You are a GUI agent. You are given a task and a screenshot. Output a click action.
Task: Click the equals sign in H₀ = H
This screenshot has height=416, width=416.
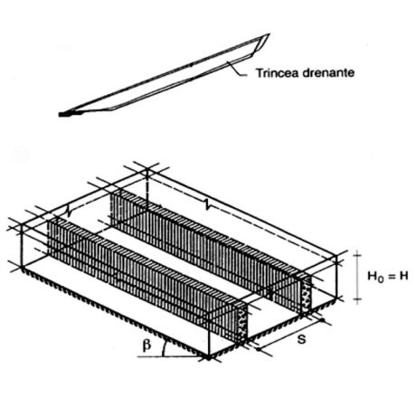pyautogui.click(x=391, y=276)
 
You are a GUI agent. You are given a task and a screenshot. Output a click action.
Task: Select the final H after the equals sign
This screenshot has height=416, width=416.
pyautogui.click(x=403, y=276)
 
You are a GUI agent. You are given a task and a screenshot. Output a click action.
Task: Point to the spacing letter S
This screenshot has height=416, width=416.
pyautogui.click(x=301, y=339)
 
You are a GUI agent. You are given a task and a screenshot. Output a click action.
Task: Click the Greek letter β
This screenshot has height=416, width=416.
pyautogui.click(x=147, y=345)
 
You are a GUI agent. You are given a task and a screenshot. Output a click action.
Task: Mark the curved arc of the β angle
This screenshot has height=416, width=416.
pyautogui.click(x=164, y=349)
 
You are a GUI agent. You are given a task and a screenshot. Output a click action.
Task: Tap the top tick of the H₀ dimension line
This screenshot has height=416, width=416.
pyautogui.click(x=357, y=255)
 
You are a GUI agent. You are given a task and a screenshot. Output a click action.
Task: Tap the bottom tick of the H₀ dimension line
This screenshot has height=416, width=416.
pyautogui.click(x=357, y=299)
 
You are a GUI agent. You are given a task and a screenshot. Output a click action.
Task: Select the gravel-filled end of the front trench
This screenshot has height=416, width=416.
pyautogui.click(x=242, y=324)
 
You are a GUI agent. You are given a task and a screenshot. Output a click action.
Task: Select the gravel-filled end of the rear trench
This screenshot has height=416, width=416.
pyautogui.click(x=307, y=295)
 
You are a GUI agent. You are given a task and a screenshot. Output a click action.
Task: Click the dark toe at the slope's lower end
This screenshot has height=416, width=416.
pyautogui.click(x=65, y=114)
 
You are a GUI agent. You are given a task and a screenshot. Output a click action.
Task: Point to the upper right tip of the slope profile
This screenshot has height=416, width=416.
pyautogui.click(x=269, y=33)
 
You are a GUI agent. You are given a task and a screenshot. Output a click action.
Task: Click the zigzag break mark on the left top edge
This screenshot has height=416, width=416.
pyautogui.click(x=70, y=211)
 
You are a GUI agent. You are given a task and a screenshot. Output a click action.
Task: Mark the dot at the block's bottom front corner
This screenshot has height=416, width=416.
pyautogui.click(x=208, y=357)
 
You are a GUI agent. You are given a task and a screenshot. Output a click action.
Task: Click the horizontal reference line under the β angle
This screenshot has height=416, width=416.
pyautogui.click(x=171, y=357)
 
